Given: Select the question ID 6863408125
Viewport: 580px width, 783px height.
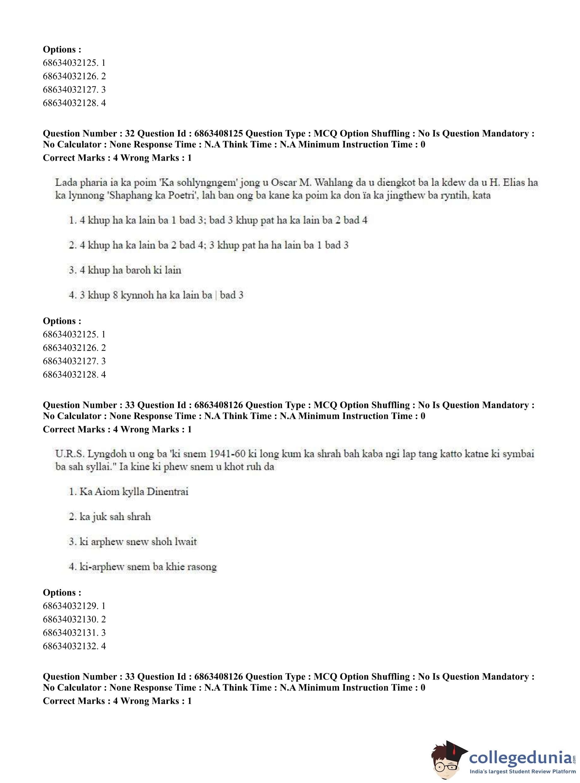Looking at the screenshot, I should point(218,133).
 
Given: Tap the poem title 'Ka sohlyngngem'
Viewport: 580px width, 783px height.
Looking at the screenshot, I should point(197,182).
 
